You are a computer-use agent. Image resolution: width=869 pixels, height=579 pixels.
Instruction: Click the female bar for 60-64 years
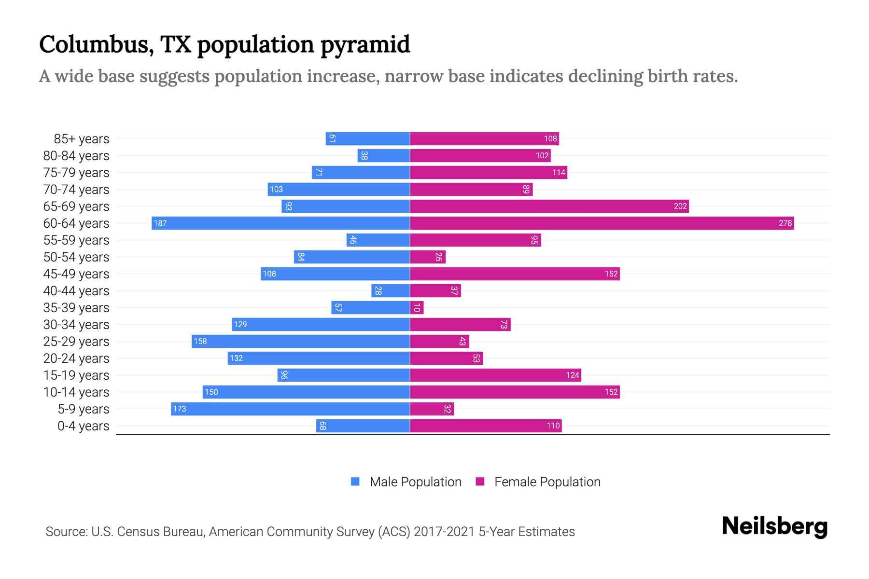(602, 223)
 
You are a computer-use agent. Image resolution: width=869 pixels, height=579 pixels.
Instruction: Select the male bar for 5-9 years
(290, 409)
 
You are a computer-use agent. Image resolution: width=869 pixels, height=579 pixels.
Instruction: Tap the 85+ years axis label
(82, 139)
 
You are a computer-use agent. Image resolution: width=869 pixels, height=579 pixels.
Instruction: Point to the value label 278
(785, 223)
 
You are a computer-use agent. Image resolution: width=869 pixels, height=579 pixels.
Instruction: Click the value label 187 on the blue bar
(160, 223)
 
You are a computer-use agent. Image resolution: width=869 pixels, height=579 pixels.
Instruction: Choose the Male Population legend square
(355, 482)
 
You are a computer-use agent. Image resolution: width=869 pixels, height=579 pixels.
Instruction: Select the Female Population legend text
(547, 482)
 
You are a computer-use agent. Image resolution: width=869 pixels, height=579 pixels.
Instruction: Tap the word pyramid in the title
(365, 44)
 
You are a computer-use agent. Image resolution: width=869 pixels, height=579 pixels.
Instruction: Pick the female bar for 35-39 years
(417, 307)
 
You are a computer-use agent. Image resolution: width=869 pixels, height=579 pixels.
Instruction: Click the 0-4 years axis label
(83, 426)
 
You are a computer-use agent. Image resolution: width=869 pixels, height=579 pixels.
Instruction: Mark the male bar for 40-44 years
(391, 290)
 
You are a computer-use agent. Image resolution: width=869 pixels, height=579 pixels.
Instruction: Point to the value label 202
(680, 206)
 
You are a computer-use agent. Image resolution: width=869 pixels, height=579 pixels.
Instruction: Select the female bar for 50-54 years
(428, 257)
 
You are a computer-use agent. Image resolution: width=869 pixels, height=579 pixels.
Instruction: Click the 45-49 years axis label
(76, 274)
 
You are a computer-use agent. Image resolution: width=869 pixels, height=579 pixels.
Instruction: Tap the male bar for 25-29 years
(300, 341)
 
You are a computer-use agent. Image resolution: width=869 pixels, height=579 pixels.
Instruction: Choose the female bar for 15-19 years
(495, 375)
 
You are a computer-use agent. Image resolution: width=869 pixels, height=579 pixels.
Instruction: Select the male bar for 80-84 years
(384, 155)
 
